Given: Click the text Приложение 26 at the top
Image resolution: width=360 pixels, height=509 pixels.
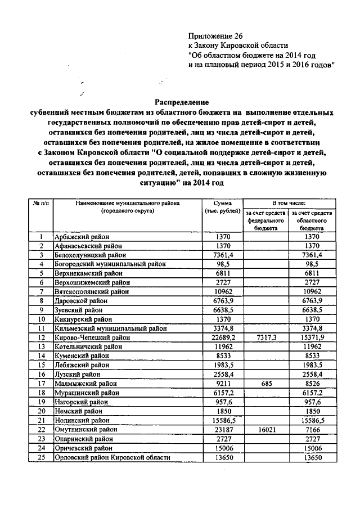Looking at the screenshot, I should point(214,35).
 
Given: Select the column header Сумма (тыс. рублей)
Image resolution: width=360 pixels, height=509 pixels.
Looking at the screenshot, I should point(223,206).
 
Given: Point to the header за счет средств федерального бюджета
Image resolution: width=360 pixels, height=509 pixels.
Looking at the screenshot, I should point(265,221).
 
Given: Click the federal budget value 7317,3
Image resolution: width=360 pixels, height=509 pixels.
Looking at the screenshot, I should point(266,337).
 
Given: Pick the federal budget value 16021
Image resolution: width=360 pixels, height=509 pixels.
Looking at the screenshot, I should point(266,429).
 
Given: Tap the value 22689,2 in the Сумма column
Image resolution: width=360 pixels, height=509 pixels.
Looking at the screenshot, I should point(223,337).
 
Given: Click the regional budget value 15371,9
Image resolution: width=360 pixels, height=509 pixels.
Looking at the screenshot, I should point(312,337).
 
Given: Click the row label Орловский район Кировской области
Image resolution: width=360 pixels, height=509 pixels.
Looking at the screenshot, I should point(112,458).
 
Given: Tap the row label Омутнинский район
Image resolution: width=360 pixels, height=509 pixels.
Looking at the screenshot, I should point(83,429).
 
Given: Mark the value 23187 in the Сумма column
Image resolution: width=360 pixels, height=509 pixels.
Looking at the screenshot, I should point(223,429).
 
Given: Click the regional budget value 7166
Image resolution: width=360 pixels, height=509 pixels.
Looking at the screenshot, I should point(312,429).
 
